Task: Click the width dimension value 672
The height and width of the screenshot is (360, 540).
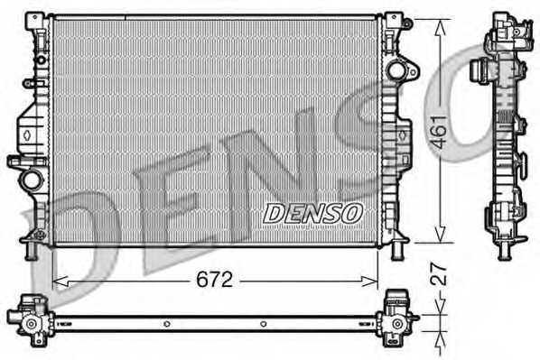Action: coord(214,280)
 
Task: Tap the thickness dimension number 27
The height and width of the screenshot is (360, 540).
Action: coord(440,275)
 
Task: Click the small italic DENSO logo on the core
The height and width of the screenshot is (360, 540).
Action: coord(312,212)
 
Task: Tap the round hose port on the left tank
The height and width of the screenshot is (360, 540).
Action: coord(33,179)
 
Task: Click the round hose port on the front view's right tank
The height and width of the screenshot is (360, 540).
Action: coord(396,70)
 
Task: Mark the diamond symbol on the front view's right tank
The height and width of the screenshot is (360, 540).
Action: coord(398,134)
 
